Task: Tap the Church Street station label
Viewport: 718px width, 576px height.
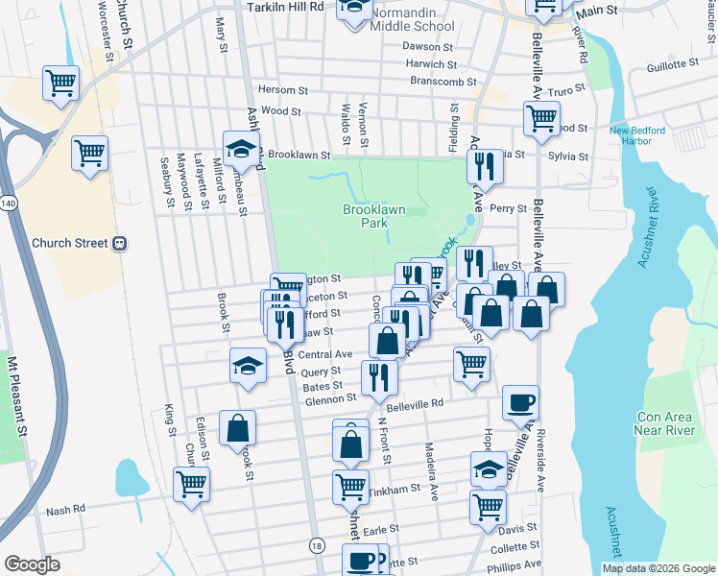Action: click(71, 243)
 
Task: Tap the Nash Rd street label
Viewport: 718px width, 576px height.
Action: click(65, 510)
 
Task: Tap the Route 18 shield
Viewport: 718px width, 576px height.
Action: click(316, 545)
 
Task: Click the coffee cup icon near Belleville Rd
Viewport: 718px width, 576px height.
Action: click(520, 402)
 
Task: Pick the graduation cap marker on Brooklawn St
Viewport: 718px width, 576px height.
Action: click(241, 148)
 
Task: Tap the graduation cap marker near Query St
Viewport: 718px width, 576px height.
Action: click(248, 366)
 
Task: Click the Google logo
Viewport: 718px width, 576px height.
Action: click(32, 564)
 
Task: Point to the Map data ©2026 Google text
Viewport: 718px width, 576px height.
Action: click(658, 568)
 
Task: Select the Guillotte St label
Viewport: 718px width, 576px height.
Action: click(673, 64)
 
